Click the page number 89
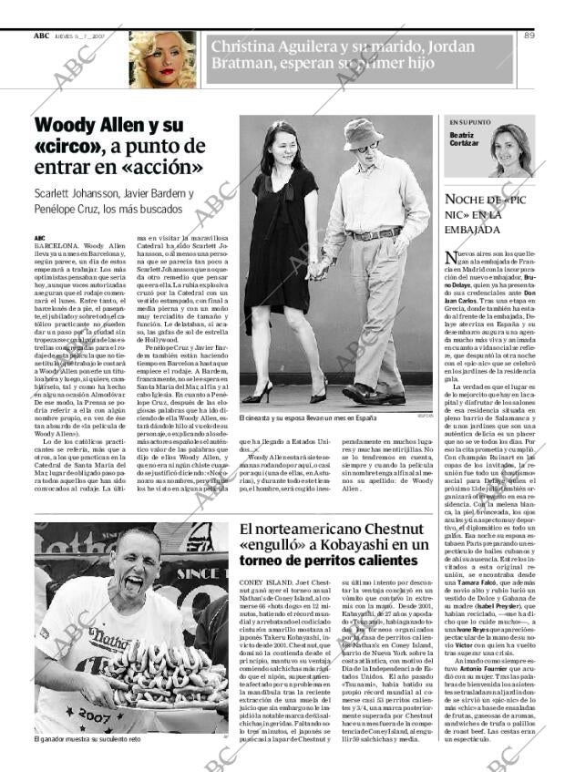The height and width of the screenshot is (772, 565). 529,36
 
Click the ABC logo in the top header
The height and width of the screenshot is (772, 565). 41,36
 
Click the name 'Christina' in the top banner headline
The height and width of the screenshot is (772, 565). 248,47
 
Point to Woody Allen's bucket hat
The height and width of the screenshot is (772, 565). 363,133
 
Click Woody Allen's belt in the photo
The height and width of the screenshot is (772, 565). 375,234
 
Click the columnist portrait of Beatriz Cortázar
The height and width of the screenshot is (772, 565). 508,151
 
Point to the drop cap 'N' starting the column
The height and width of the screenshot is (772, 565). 450,261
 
